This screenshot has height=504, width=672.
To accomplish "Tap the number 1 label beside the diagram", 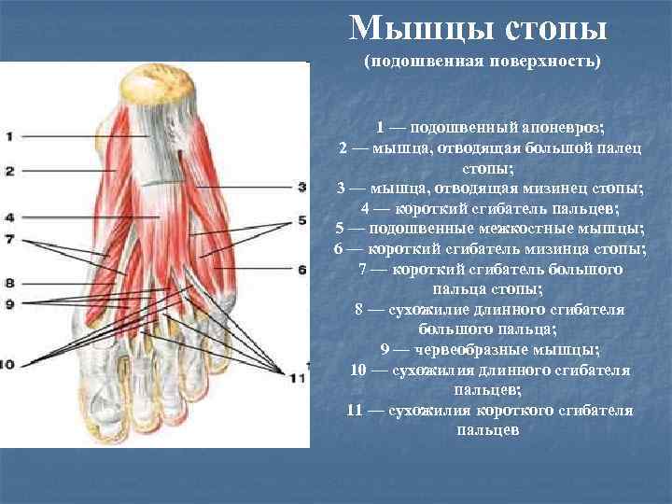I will (x=8, y=136).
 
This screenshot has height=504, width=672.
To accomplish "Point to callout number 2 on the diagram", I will (x=8, y=171).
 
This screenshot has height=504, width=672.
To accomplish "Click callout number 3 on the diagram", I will (x=301, y=187).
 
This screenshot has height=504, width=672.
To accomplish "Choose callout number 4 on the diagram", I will (x=8, y=217).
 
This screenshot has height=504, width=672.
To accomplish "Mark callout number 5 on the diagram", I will (x=301, y=221).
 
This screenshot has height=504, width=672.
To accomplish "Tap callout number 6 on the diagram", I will (x=301, y=270).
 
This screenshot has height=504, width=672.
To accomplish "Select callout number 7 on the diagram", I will (x=8, y=239).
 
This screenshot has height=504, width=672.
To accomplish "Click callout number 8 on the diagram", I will (x=8, y=282).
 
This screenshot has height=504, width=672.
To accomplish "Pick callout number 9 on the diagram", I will (x=8, y=303).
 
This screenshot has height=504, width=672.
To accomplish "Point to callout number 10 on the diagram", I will (x=8, y=364).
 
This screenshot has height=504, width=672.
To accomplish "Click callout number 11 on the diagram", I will (x=298, y=377).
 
